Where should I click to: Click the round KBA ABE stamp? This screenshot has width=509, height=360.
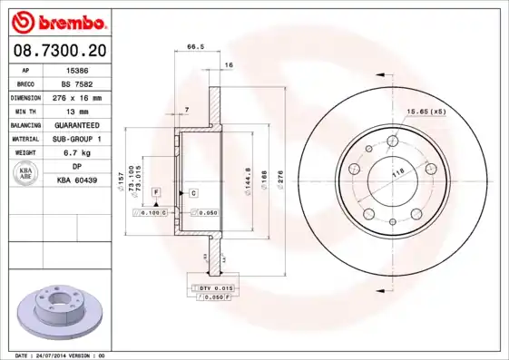click(x=27, y=174)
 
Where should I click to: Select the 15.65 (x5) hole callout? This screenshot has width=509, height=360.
click(x=425, y=112)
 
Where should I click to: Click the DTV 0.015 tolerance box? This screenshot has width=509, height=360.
click(x=212, y=287)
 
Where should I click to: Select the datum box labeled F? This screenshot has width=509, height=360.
click(x=156, y=193)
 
